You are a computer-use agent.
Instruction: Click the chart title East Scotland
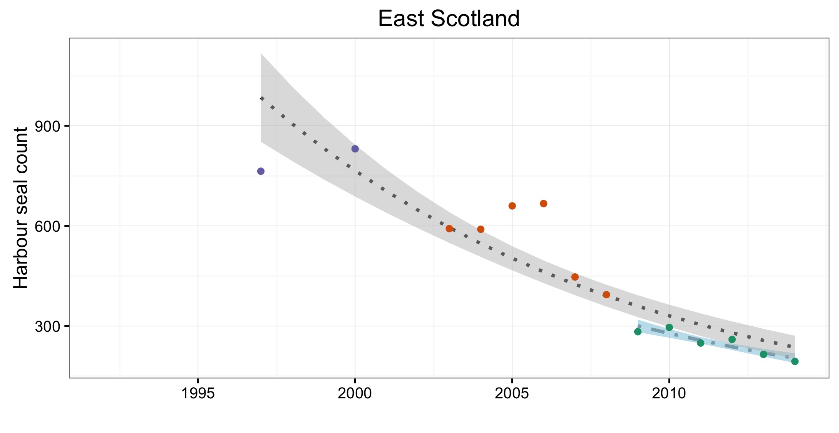click(449, 18)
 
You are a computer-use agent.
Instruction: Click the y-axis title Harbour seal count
click(21, 208)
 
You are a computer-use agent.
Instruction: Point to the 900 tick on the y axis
click(47, 126)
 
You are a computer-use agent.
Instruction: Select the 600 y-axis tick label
click(47, 226)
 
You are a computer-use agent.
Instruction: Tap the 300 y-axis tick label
click(47, 326)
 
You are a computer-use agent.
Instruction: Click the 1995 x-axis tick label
click(198, 393)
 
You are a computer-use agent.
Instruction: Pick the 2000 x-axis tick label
click(355, 393)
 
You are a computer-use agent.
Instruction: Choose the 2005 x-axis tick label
click(512, 393)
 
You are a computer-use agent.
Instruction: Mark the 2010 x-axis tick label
click(669, 393)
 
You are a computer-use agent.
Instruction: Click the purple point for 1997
click(261, 171)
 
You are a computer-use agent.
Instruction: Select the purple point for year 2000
click(355, 149)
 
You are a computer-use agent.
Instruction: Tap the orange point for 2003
click(449, 229)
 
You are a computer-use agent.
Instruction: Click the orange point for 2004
click(481, 229)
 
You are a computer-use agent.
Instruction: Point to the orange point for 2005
click(512, 206)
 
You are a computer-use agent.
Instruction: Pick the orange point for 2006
click(543, 204)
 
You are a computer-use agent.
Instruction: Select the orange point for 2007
click(575, 277)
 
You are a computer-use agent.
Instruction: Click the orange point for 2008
click(606, 295)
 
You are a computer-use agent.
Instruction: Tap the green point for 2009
click(638, 332)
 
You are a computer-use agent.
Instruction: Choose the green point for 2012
click(732, 339)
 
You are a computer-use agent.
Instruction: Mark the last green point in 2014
click(795, 361)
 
